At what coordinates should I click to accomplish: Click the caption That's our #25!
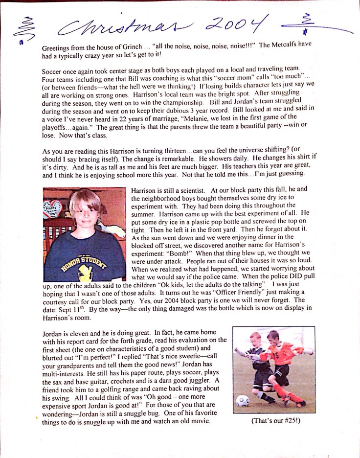point(273,419)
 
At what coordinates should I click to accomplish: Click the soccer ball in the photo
point(243,401)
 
